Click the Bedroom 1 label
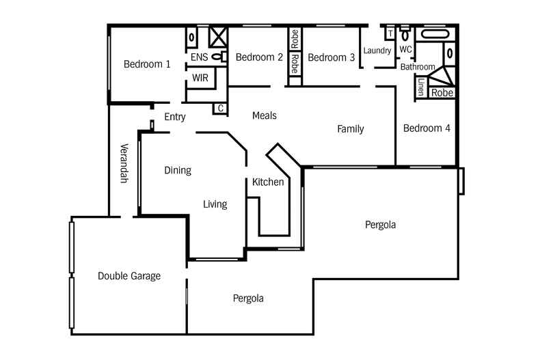pyautogui.click(x=147, y=65)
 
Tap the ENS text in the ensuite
pyautogui.click(x=199, y=57)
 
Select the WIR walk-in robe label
pyautogui.click(x=200, y=79)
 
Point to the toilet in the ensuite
pyautogui.click(x=218, y=57)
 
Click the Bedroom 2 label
pyautogui.click(x=259, y=57)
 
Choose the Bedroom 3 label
pyautogui.click(x=331, y=58)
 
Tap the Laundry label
pyautogui.click(x=377, y=51)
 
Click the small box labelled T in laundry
pyautogui.click(x=390, y=33)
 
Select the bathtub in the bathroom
pyautogui.click(x=433, y=33)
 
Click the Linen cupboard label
pyautogui.click(x=421, y=87)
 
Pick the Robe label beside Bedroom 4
pyautogui.click(x=442, y=92)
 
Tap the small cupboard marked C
pyautogui.click(x=221, y=108)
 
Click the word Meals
pyautogui.click(x=265, y=115)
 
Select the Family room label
pyautogui.click(x=350, y=129)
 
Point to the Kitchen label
pyautogui.click(x=268, y=182)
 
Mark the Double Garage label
pyautogui.click(x=129, y=276)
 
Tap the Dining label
pyautogui.click(x=178, y=170)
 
